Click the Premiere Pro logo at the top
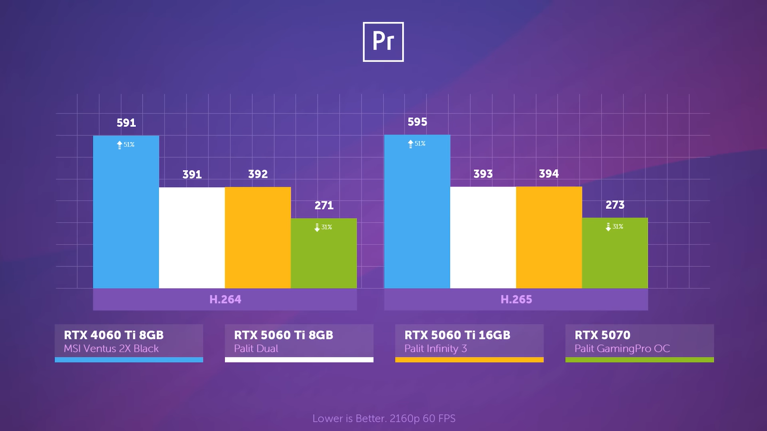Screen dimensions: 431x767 (x=383, y=42)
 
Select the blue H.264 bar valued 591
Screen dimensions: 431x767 (x=126, y=215)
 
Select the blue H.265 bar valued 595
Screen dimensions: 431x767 (x=417, y=215)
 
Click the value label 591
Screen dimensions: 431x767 (x=126, y=123)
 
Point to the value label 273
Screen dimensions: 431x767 (x=615, y=205)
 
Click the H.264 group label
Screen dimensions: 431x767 (x=225, y=299)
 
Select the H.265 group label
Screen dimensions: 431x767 (x=516, y=299)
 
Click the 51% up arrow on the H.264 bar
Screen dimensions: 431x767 (x=119, y=145)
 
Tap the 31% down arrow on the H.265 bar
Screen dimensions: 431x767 (x=608, y=227)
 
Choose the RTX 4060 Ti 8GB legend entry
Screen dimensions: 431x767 (x=128, y=341)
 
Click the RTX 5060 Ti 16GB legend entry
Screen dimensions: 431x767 (x=469, y=341)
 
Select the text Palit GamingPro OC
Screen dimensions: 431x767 (x=622, y=349)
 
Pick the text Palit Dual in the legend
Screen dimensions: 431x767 (x=256, y=349)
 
